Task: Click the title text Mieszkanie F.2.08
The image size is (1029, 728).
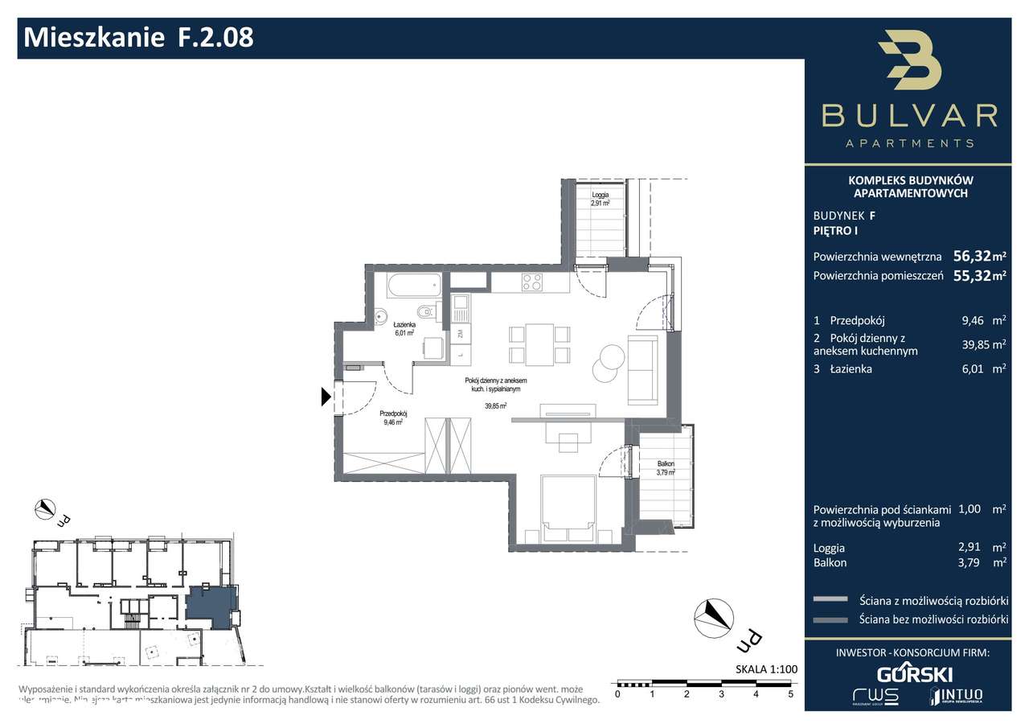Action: point(139,37)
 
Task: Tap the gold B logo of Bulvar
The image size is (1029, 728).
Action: point(909,62)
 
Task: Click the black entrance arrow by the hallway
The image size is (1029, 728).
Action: point(326,396)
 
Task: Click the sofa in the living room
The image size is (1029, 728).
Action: point(642,370)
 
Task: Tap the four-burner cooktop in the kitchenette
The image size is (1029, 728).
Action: point(532,282)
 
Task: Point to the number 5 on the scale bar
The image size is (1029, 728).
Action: point(791,693)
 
